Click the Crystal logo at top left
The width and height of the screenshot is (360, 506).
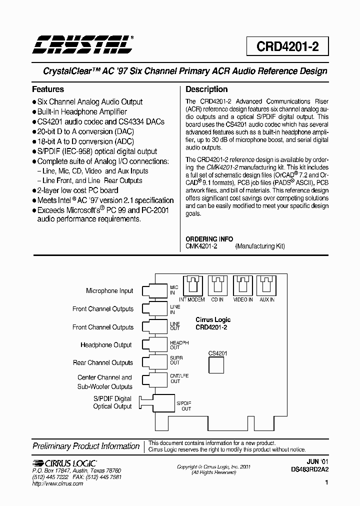[x=82, y=45]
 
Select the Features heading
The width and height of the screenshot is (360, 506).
[x=48, y=89]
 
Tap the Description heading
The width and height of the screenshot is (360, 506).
[x=206, y=89]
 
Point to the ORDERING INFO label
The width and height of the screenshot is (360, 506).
[x=209, y=239]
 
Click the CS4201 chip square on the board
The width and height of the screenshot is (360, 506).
[x=217, y=365]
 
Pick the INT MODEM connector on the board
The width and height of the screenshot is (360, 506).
[x=192, y=286]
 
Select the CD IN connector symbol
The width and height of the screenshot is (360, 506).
[x=217, y=286]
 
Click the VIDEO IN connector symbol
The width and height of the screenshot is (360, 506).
[x=242, y=286]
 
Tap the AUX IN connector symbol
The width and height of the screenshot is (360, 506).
[x=266, y=286]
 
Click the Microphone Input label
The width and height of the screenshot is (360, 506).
[x=109, y=290]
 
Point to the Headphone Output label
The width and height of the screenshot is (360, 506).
[x=106, y=345]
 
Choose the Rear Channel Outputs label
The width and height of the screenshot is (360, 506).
[x=103, y=363]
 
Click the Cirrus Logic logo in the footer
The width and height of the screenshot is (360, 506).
[x=64, y=463]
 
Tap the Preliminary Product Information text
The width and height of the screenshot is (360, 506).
[x=86, y=446]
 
